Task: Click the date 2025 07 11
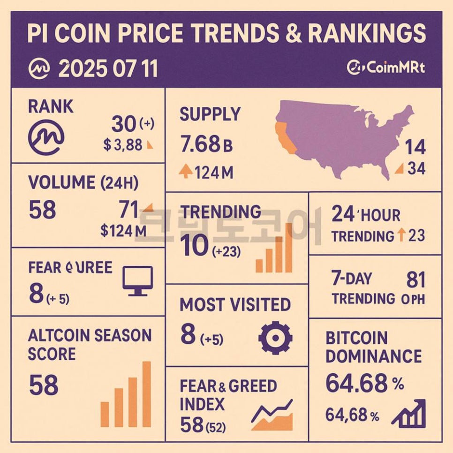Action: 108,69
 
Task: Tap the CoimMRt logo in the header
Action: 386,68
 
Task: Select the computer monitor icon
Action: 137,280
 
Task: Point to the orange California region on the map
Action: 286,138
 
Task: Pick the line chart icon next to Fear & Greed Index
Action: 272,415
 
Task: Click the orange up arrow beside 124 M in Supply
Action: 186,172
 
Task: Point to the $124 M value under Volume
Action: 123,230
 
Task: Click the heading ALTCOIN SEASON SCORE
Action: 90,344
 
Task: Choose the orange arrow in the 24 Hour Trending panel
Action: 401,235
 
